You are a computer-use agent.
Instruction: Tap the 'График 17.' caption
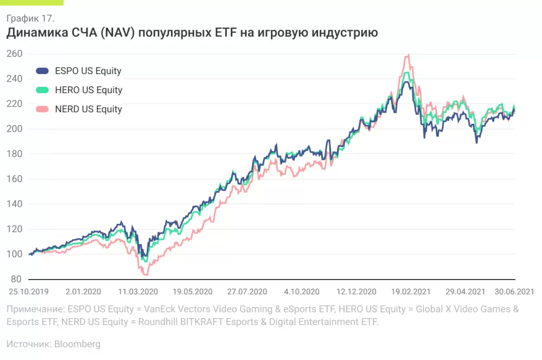pyautogui.click(x=30, y=19)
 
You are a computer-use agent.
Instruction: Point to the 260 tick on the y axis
pyautogui.click(x=14, y=53)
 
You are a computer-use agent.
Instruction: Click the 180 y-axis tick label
pyautogui.click(x=14, y=154)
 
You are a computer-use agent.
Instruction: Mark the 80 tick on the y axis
pyautogui.click(x=16, y=279)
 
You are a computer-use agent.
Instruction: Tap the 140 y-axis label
pyautogui.click(x=14, y=204)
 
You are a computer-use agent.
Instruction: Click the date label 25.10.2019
pyautogui.click(x=29, y=291)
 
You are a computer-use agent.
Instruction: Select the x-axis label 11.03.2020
pyautogui.click(x=138, y=291)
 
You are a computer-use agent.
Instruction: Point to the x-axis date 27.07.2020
pyautogui.click(x=247, y=291)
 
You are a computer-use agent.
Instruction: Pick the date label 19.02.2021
pyautogui.click(x=411, y=291)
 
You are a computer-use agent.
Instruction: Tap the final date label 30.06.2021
pyautogui.click(x=514, y=291)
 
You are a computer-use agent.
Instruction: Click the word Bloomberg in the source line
pyautogui.click(x=77, y=344)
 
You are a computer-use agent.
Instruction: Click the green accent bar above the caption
pyautogui.click(x=32, y=2)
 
